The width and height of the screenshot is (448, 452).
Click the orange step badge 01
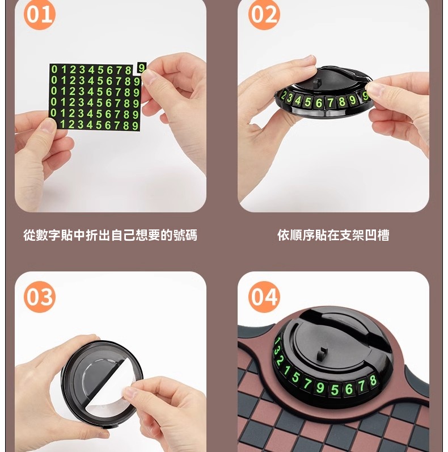tap(39, 15)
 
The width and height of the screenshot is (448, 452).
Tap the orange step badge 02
tap(264, 15)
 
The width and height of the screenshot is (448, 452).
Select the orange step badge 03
tap(39, 297)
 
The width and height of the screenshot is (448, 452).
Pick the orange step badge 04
tap(264, 297)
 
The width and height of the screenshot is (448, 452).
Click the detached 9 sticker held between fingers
tap(142, 68)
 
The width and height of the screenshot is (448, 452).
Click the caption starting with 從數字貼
tap(110, 235)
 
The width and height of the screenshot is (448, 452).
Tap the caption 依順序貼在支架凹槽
tap(333, 235)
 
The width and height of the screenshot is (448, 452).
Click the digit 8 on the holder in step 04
tap(373, 380)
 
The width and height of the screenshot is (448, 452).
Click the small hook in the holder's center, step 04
tap(323, 354)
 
